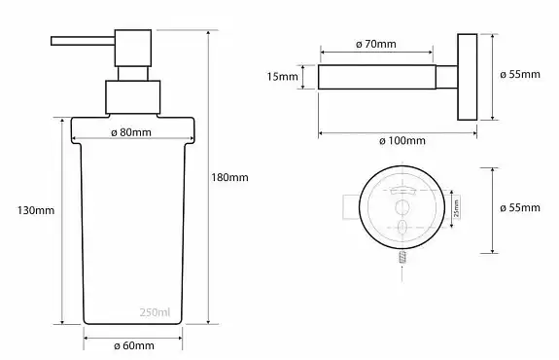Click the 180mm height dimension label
click(x=229, y=177)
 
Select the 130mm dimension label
click(x=36, y=210)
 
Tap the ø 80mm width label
click(x=131, y=132)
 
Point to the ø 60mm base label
click(x=134, y=345)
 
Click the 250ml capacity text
click(x=155, y=312)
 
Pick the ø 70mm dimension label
click(x=376, y=44)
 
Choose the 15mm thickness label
click(x=282, y=76)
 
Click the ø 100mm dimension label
click(x=402, y=140)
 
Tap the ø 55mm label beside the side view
click(x=520, y=74)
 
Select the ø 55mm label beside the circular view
click(x=520, y=207)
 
